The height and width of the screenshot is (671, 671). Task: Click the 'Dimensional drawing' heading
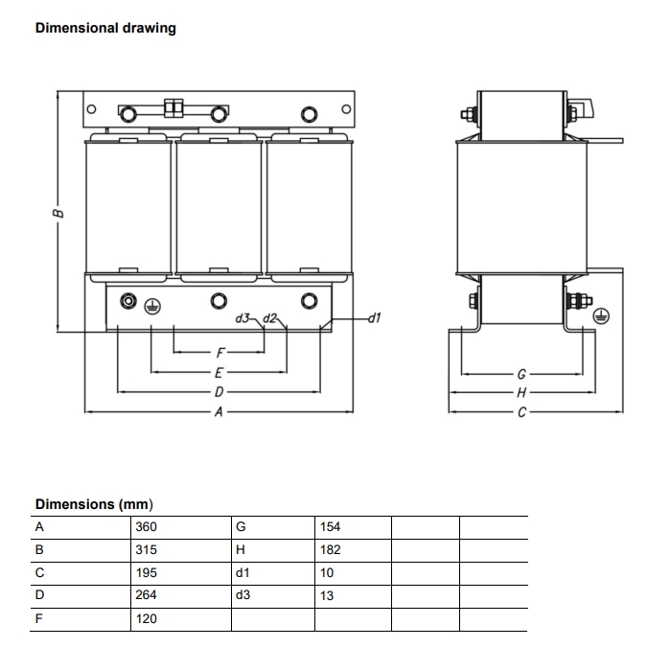coord(105,28)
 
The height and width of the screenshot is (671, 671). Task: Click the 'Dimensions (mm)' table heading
coord(94,504)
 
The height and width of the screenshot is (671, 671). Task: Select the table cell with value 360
coord(147,527)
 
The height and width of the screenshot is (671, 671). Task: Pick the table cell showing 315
coord(147,550)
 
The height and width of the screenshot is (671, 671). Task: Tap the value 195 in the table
coord(147,572)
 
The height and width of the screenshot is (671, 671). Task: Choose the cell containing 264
coord(147,595)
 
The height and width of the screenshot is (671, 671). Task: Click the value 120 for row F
coord(147,619)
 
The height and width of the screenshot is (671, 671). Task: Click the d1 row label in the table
coord(242,572)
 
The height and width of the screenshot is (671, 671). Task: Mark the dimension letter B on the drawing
coord(58,213)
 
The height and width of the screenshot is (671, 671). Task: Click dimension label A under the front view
coord(219,412)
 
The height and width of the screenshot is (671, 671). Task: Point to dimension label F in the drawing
coord(220,352)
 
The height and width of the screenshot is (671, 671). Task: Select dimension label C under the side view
coord(521,412)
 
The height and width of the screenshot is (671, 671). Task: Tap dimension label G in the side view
coord(521,374)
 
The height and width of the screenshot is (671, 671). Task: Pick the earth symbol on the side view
coord(602,318)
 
